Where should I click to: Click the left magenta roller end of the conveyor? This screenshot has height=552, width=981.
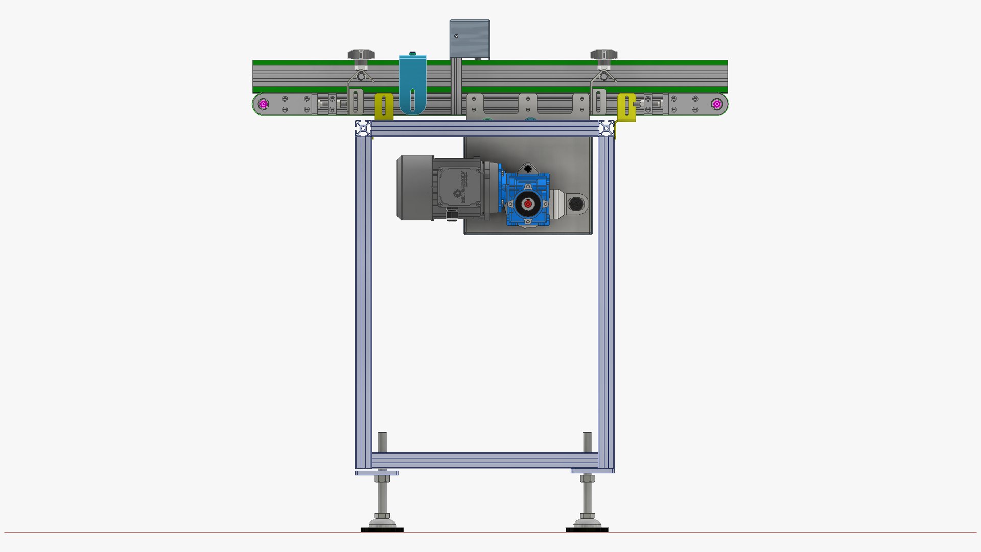[263, 104]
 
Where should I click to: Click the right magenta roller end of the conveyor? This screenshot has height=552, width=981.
[717, 104]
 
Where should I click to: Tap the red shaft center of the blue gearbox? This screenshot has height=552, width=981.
[528, 204]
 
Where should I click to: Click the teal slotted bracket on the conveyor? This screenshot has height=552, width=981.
[412, 84]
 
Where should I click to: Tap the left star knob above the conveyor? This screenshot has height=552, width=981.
[361, 54]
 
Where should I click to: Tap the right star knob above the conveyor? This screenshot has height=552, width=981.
[604, 54]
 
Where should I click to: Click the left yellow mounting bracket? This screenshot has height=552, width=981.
[384, 106]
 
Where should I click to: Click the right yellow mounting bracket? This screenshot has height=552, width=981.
[626, 107]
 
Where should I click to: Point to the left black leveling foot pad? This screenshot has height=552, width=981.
[382, 530]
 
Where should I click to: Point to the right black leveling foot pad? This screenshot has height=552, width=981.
[587, 530]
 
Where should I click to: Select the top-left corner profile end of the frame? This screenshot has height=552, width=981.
[363, 128]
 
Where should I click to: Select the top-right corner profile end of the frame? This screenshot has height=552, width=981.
[606, 128]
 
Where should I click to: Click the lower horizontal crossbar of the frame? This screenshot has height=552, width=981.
[484, 460]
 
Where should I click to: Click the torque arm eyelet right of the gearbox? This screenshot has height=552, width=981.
[576, 204]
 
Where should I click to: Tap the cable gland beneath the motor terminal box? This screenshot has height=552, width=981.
[451, 215]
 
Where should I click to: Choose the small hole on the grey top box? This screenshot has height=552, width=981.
[456, 36]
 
